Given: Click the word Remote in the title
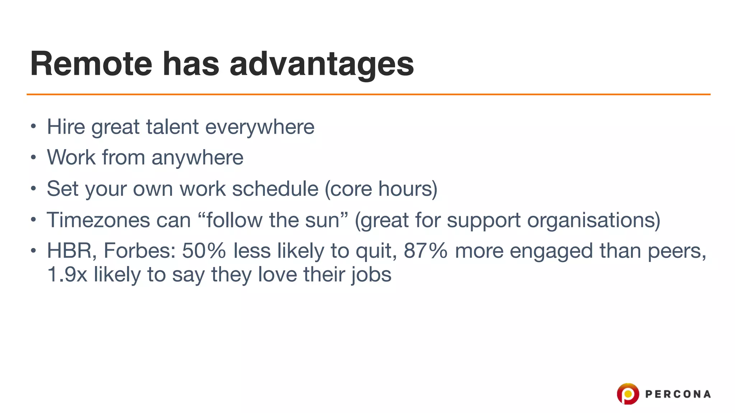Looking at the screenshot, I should pyautogui.click(x=91, y=64).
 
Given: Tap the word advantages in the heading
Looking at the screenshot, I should pyautogui.click(x=322, y=65).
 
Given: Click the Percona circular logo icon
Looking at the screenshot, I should pyautogui.click(x=628, y=394).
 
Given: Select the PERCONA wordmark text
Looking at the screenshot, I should pyautogui.click(x=678, y=394).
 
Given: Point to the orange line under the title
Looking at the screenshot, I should pyautogui.click(x=368, y=94).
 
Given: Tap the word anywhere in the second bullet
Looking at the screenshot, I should pyautogui.click(x=197, y=158).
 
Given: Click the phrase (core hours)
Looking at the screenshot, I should pyautogui.click(x=381, y=189).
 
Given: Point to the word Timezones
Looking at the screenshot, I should pyautogui.click(x=98, y=220).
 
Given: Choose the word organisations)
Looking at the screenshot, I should pyautogui.click(x=594, y=220).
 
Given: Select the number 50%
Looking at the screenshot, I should pyautogui.click(x=203, y=251).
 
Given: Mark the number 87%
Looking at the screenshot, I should pyautogui.click(x=425, y=251).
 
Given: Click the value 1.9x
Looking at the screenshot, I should pyautogui.click(x=67, y=275).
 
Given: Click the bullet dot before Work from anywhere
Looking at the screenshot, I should pyautogui.click(x=33, y=157).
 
